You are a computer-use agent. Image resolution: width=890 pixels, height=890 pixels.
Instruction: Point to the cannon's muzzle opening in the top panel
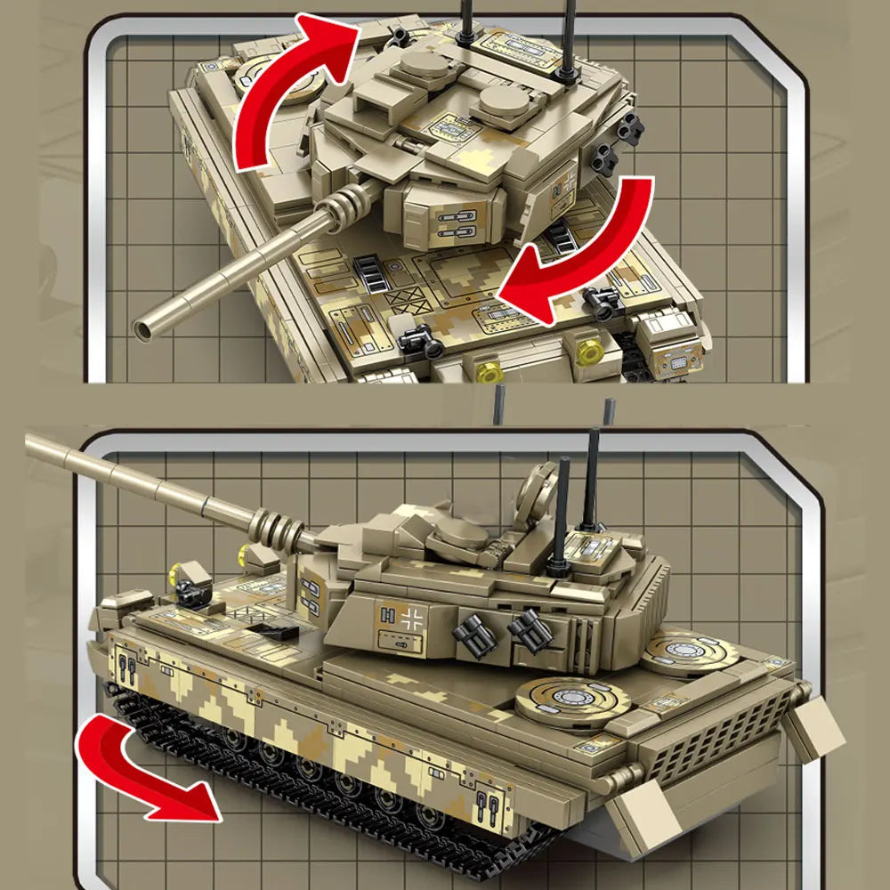pyautogui.click(x=142, y=330)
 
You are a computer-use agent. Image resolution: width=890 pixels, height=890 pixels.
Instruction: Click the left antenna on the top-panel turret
pyautogui.click(x=465, y=22)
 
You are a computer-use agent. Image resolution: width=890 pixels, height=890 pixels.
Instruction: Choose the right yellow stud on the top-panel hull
pyautogui.click(x=587, y=352)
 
